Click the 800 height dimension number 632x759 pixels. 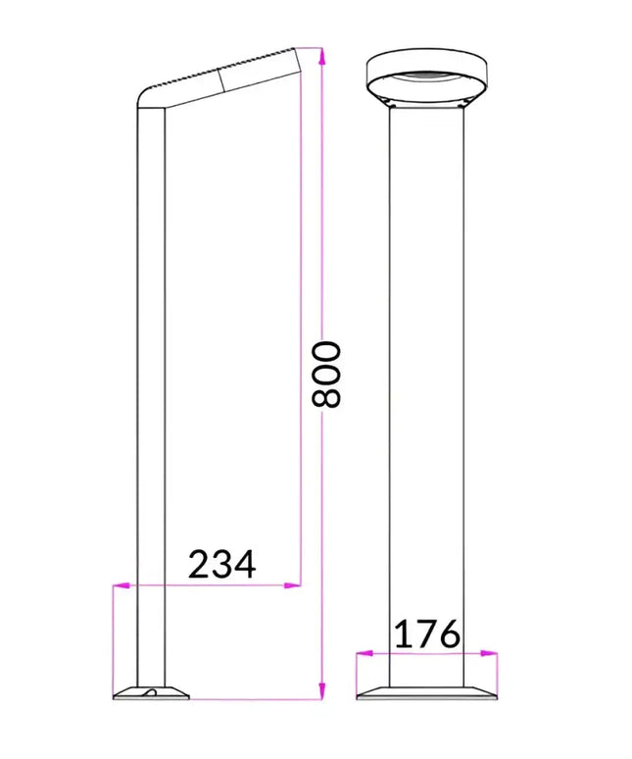325,374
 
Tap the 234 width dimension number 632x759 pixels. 221,565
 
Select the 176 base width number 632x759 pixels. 426,634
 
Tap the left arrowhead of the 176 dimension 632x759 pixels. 362,654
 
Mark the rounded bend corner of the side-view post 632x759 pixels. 146,98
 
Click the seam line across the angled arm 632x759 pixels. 223,79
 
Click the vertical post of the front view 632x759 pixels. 426,392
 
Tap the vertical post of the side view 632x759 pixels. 151,392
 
